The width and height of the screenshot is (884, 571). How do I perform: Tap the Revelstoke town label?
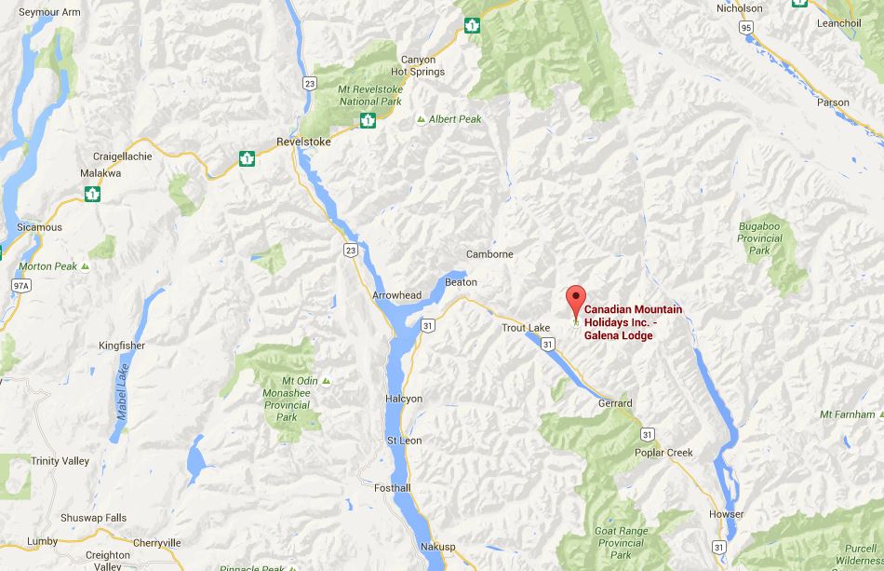click(304, 143)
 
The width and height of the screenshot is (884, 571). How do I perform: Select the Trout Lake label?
click(526, 328)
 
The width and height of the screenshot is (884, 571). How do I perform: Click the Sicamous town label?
click(39, 227)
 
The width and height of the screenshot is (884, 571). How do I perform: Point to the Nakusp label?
click(437, 546)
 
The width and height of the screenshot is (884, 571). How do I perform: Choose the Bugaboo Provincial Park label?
click(760, 238)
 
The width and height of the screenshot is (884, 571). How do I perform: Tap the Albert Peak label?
click(455, 119)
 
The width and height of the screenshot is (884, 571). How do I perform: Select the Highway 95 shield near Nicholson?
click(746, 28)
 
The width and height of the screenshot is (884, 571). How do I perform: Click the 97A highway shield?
click(22, 283)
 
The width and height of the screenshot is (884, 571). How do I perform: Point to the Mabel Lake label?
click(122, 392)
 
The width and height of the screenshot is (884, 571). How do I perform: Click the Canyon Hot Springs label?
click(418, 65)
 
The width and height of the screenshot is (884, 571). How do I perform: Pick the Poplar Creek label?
click(663, 453)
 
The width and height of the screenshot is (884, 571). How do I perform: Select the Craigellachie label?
click(123, 156)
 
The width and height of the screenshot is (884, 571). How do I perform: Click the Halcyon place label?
click(404, 399)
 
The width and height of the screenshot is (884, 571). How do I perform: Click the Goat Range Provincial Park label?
click(621, 543)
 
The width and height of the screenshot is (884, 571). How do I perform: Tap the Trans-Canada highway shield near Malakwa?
click(92, 194)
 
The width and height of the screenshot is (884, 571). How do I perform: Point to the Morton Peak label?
click(48, 266)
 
